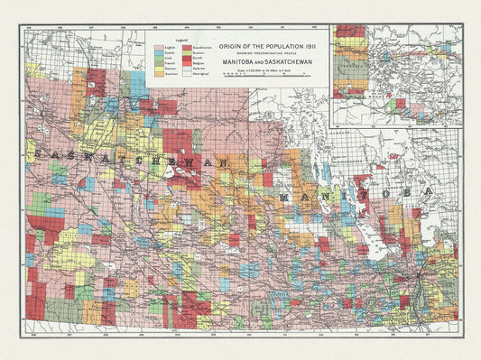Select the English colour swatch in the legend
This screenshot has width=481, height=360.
[159, 48]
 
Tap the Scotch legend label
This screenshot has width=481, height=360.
[170, 53]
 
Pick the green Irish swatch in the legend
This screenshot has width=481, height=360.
[159, 58]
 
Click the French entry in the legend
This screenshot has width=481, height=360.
[170, 63]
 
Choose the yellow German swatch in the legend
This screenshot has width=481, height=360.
[159, 69]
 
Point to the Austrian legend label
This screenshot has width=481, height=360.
[171, 74]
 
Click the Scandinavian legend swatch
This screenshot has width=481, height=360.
[187, 48]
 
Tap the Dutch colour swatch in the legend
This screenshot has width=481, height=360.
[187, 58]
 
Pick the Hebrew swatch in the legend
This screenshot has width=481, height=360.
[187, 69]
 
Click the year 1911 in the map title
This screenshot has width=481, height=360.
[311, 47]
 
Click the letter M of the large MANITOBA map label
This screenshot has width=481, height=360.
[286, 196]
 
